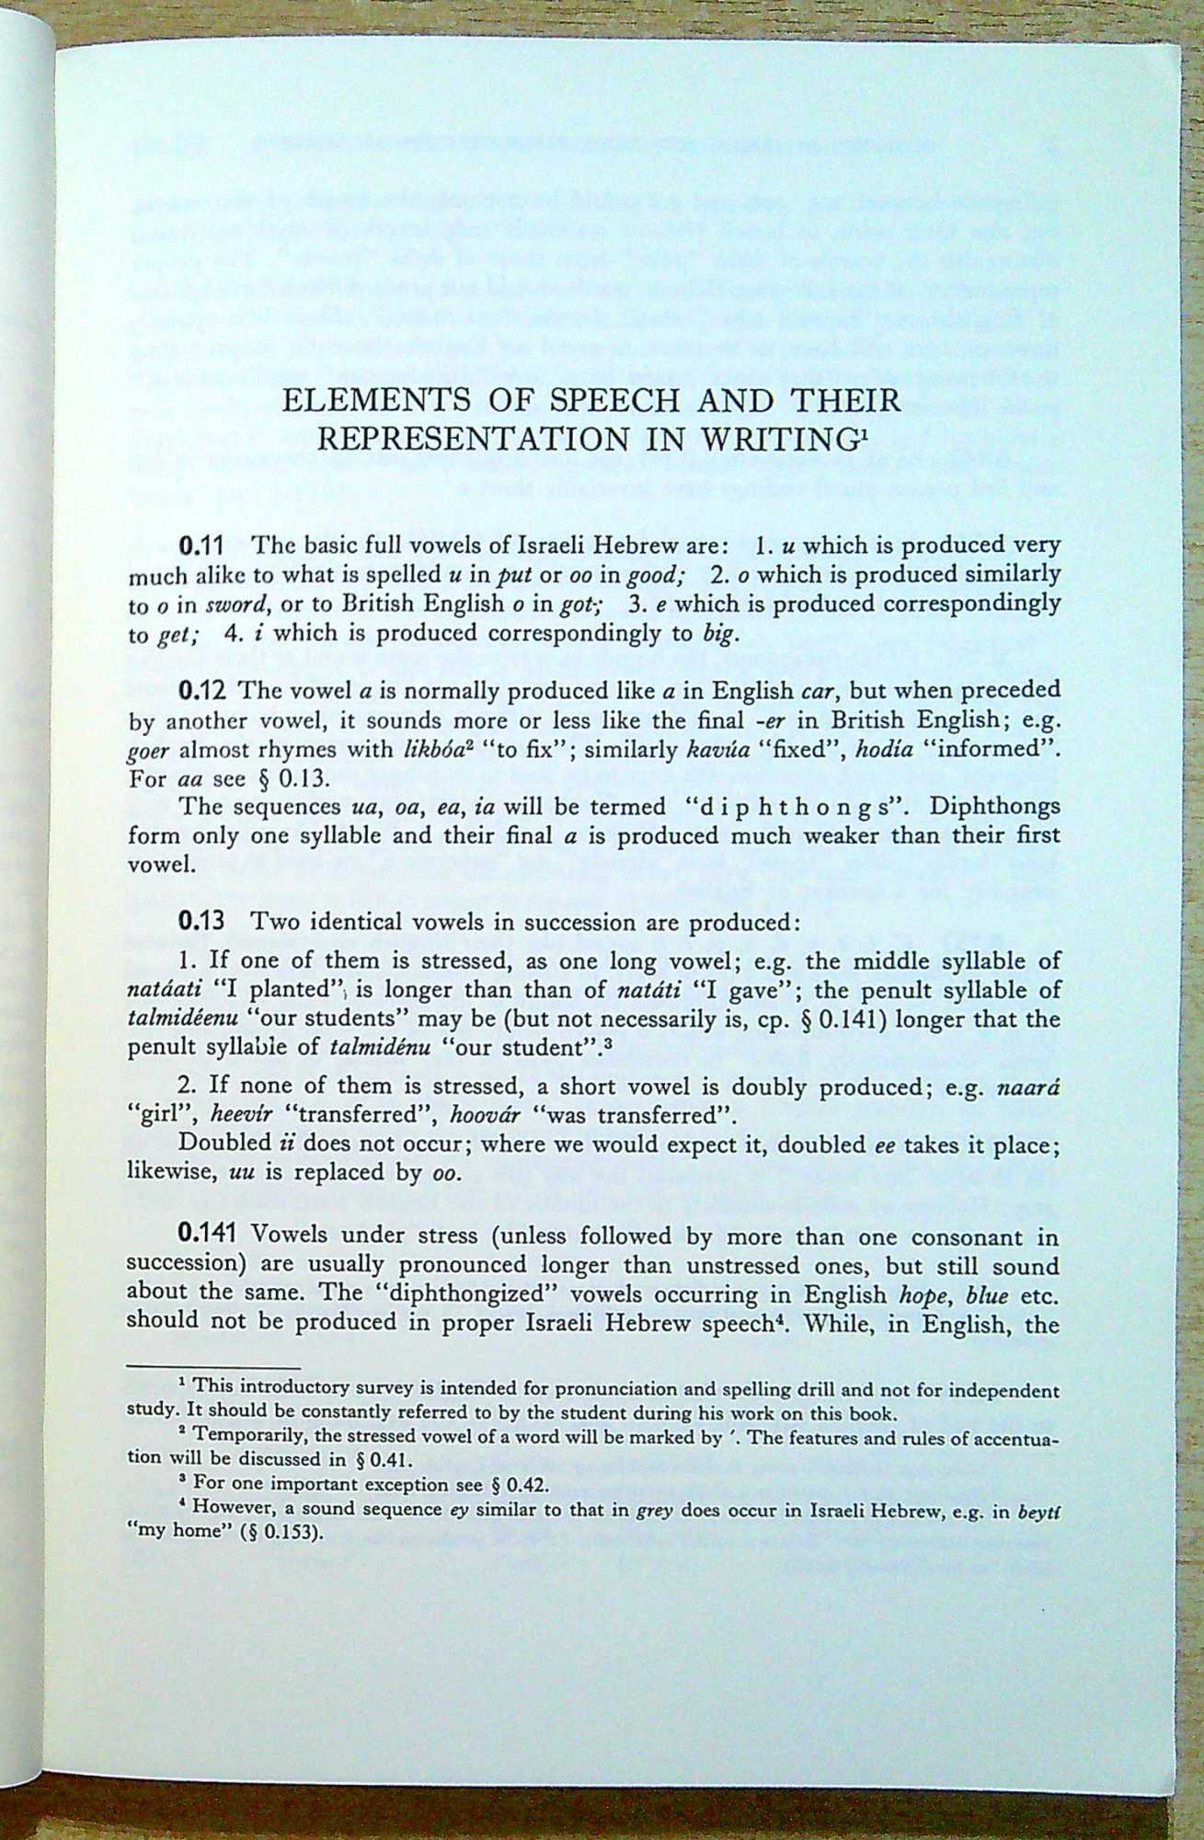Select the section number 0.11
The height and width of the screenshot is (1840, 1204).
click(202, 545)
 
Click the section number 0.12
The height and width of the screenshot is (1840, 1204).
click(202, 689)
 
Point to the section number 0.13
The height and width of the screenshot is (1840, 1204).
click(202, 922)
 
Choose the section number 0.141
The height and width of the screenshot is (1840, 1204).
click(209, 1236)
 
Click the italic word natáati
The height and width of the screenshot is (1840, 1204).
click(162, 991)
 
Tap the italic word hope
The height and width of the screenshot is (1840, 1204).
click(930, 1294)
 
